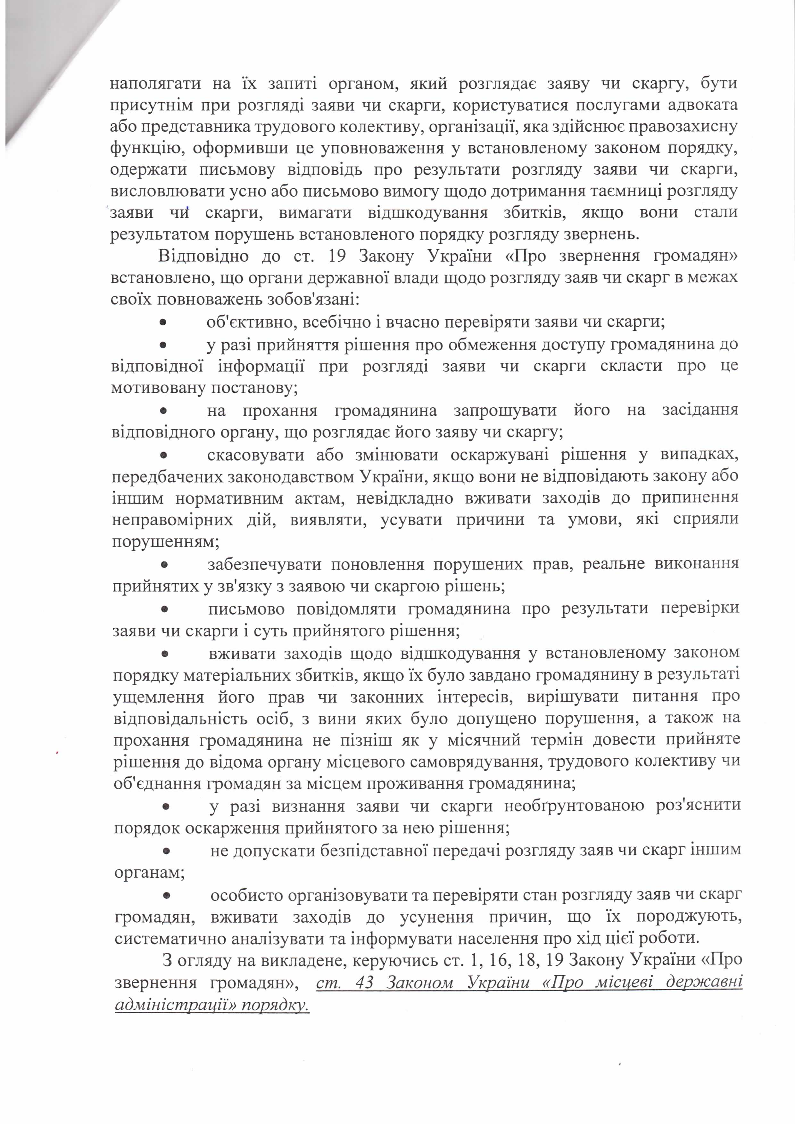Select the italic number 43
365,982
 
